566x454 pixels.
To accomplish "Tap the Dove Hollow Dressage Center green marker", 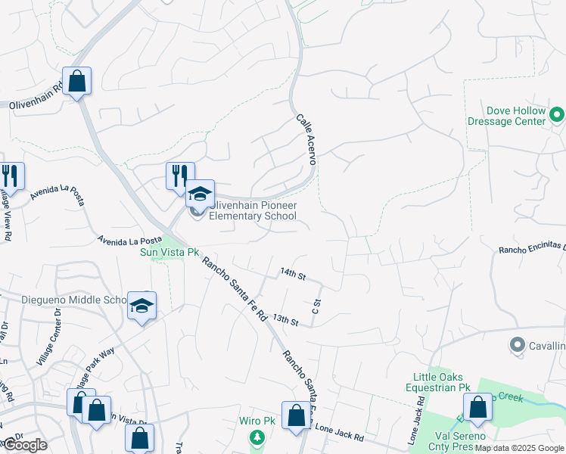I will (x=557, y=116).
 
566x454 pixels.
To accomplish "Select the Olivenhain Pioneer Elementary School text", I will (x=253, y=210).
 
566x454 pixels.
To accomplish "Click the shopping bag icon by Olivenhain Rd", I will (x=76, y=80).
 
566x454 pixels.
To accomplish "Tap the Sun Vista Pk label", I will (x=169, y=252).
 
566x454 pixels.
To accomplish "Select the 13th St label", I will (x=287, y=321).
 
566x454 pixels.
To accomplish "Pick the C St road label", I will (x=316, y=306).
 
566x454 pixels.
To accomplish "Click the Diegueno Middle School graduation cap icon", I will (x=141, y=306).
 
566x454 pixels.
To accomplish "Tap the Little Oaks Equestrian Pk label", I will (x=442, y=382).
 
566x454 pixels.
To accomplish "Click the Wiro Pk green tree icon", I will (x=257, y=437).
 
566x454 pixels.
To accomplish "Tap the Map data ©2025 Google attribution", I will (x=520, y=448).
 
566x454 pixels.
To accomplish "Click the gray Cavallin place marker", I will (x=518, y=345).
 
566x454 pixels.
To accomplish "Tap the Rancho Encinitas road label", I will (x=532, y=248).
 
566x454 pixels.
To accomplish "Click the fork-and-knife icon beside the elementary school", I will (x=180, y=176).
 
